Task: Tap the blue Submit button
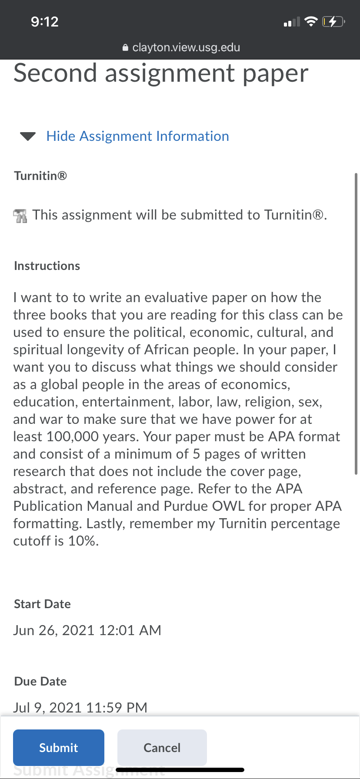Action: click(59, 747)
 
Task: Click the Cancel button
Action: click(162, 747)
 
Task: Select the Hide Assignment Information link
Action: click(137, 136)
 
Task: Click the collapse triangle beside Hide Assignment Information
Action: click(28, 136)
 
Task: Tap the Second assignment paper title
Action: click(161, 73)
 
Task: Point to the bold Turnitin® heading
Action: click(40, 176)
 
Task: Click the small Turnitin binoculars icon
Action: click(20, 215)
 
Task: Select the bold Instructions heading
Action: click(47, 266)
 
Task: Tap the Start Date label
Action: click(42, 604)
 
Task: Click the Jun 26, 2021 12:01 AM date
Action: click(87, 630)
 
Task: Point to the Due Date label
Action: click(40, 681)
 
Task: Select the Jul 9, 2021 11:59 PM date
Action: click(80, 707)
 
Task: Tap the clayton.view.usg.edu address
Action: click(186, 47)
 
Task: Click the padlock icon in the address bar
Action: click(126, 48)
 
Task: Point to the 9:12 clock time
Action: click(44, 22)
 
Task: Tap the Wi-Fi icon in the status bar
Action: click(311, 21)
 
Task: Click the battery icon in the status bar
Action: click(333, 21)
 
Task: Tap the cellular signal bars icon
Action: click(291, 22)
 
